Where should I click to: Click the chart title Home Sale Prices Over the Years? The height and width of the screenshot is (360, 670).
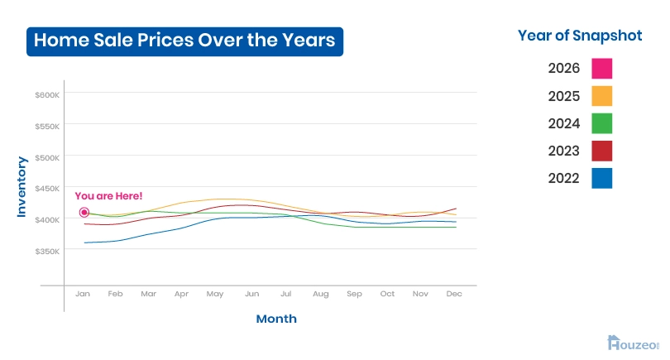pos(184,40)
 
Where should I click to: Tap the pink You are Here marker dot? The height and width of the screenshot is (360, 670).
pos(84,213)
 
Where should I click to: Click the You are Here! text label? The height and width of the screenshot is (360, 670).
pos(108,196)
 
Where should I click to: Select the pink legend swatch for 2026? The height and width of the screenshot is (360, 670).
pos(602,68)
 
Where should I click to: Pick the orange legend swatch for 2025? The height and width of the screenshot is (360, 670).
pos(602,95)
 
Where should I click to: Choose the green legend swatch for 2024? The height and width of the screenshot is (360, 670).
pos(602,123)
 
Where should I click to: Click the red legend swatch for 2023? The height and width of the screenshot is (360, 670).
pos(602,151)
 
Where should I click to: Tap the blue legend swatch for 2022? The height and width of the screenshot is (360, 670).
pos(602,178)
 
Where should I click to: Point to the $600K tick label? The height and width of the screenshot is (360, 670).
pos(47,95)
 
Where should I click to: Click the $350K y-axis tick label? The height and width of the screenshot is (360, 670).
pos(47,251)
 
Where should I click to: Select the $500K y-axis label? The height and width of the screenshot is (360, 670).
pos(47,157)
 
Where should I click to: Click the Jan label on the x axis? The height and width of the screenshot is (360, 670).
pos(83,294)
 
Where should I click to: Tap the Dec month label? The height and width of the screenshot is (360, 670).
pos(453,294)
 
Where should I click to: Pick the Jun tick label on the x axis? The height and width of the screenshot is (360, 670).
pos(251,294)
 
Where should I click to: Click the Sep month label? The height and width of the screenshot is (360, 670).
pos(354,294)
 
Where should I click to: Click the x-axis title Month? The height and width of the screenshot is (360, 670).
pos(276,319)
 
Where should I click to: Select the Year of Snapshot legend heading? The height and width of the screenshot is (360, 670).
pos(580,35)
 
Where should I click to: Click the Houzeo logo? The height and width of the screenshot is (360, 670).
pos(634,342)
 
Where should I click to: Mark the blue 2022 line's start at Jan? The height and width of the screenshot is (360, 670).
pos(84,242)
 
